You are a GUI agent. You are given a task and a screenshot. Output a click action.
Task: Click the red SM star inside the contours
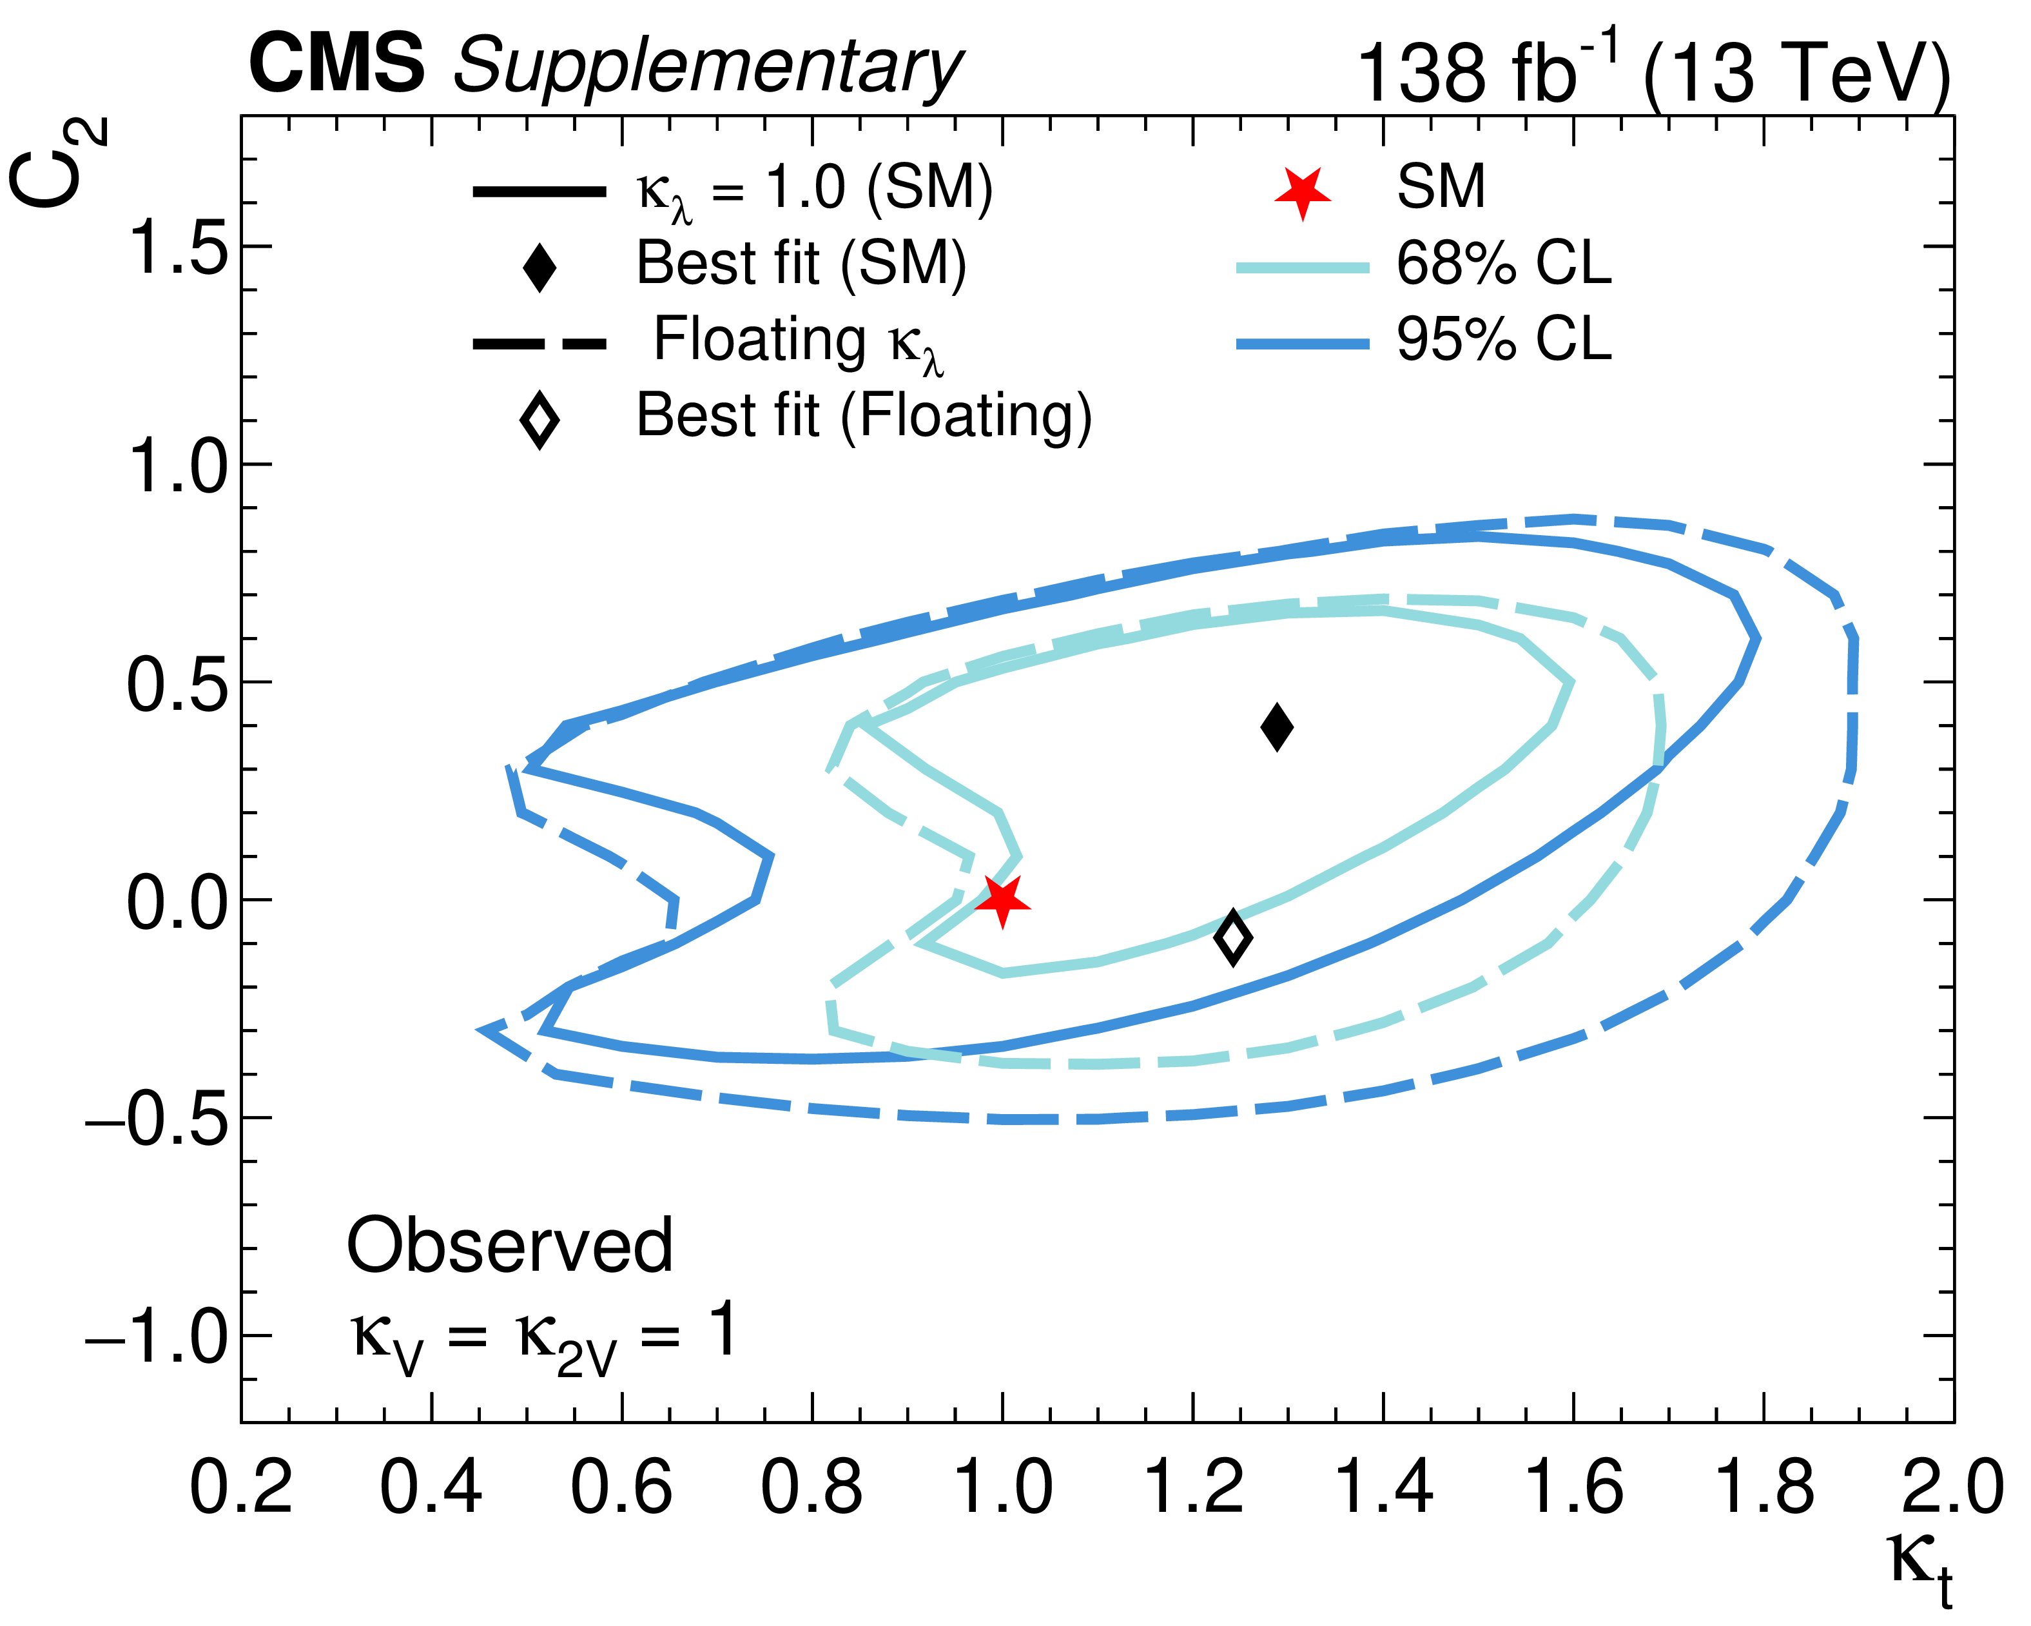(1002, 899)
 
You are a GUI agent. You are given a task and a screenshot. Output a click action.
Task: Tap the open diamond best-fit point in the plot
(1233, 937)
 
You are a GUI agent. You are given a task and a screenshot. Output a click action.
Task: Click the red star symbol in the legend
(1302, 192)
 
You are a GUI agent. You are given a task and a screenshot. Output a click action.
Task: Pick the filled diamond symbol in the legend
(539, 267)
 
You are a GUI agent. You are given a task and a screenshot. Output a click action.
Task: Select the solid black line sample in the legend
(539, 192)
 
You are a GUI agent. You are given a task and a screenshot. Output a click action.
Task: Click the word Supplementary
(708, 68)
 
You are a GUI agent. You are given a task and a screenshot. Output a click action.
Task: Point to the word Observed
(510, 1246)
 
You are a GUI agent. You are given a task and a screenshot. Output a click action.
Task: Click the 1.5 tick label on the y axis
(178, 248)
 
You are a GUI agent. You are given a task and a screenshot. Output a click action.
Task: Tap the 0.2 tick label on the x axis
(241, 1487)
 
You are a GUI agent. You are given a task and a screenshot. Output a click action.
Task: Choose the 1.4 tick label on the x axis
(1383, 1487)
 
